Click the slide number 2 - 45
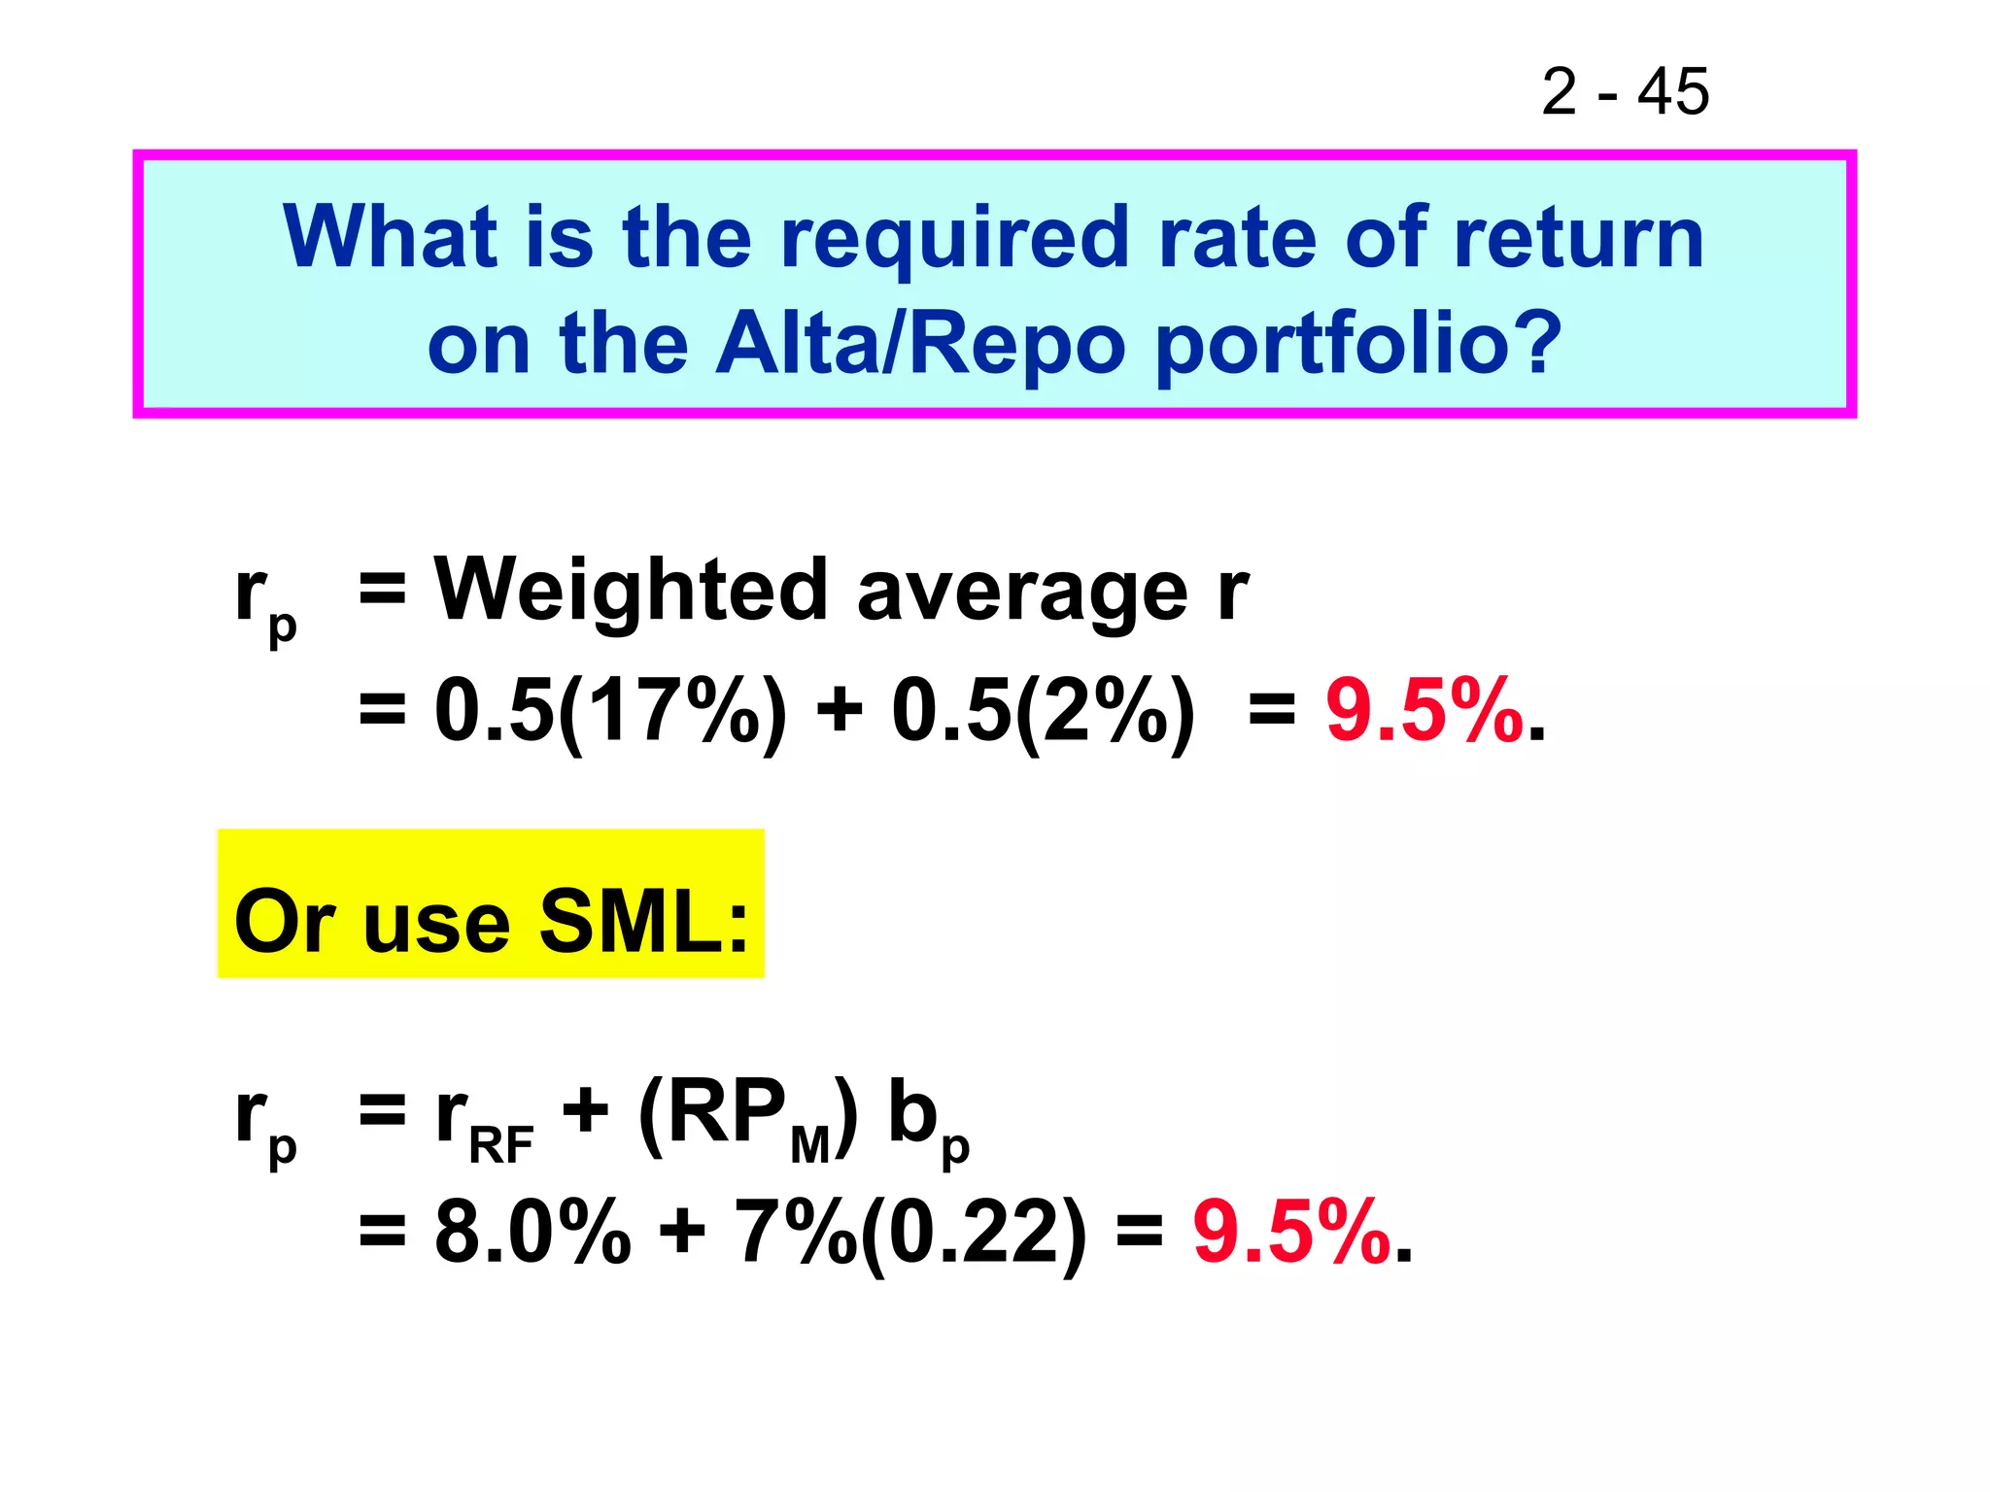pos(1625,92)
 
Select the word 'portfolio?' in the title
pos(1357,346)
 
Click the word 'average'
pos(1022,592)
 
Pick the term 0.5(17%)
pos(610,712)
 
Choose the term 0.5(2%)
pos(1043,712)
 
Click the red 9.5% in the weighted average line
pos(1424,712)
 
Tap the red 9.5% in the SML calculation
pos(1292,1233)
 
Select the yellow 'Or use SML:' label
pos(492,920)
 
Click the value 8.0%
pos(532,1233)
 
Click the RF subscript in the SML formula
pos(501,1144)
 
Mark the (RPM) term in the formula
pos(749,1117)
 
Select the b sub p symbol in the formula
pos(927,1122)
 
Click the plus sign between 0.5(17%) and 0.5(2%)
pos(840,710)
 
